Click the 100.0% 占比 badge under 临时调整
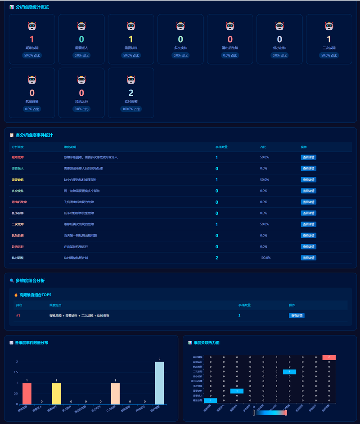[x=131, y=109]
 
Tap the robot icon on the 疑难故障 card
[x=32, y=27]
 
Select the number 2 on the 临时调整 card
[x=131, y=93]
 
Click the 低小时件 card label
[x=279, y=47]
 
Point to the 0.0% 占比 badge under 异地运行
[x=81, y=109]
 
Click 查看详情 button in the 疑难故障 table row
[x=309, y=157]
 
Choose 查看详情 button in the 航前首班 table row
[x=309, y=236]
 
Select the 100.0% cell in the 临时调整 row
[x=265, y=258]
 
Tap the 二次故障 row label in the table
[x=18, y=224]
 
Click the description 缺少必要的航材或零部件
[x=79, y=180]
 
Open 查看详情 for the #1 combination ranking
[x=297, y=316]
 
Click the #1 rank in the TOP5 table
[x=18, y=316]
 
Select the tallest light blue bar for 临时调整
[x=159, y=383]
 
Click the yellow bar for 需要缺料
[x=56, y=393]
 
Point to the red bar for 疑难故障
[x=27, y=393]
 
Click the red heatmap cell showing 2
[x=329, y=357]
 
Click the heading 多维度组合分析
[x=30, y=281]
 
